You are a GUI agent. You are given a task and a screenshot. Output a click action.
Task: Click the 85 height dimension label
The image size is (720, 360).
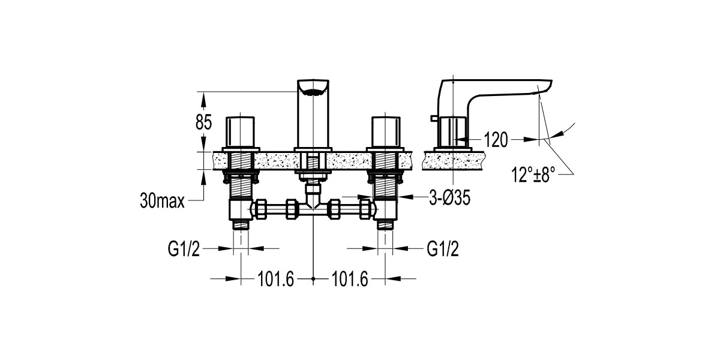(x=203, y=122)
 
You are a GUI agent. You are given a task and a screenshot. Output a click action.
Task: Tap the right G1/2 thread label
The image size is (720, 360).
(x=442, y=248)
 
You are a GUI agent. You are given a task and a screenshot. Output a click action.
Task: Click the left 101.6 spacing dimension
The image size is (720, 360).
(x=275, y=279)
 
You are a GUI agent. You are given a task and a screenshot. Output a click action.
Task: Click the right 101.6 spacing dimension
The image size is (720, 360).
(x=349, y=279)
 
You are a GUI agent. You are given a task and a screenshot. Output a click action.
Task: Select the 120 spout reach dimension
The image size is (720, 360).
(x=495, y=140)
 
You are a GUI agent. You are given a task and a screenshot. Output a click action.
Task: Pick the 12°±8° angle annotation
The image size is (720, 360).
(x=533, y=175)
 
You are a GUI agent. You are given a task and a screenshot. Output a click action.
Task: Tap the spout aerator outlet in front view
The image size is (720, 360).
(x=313, y=92)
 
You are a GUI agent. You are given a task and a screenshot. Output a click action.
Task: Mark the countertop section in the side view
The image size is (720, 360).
(x=456, y=160)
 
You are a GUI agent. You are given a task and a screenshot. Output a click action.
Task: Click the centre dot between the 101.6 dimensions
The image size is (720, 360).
(x=314, y=279)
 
